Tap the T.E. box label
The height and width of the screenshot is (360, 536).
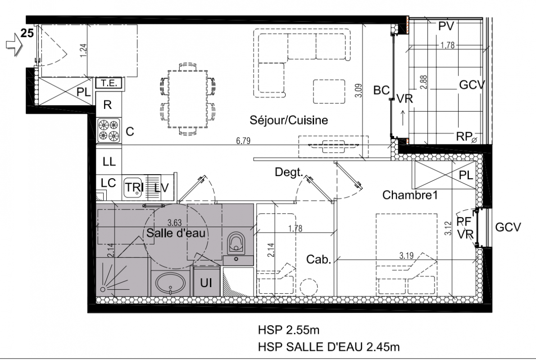click(x=109, y=83)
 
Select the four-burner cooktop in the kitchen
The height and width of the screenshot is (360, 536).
click(x=109, y=130)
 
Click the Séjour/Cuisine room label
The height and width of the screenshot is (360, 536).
click(x=289, y=120)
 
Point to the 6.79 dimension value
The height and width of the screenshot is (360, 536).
click(x=243, y=141)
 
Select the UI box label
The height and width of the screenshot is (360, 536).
click(x=206, y=283)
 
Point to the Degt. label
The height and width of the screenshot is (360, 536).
click(x=289, y=172)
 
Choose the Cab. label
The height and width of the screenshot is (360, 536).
click(x=318, y=260)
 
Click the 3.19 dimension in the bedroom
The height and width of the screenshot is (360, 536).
click(x=406, y=256)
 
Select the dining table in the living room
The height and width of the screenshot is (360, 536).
click(x=188, y=99)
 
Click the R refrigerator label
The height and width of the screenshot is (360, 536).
click(x=108, y=104)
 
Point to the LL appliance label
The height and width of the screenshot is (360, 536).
click(x=109, y=162)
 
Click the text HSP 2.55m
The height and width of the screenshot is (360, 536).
click(x=289, y=330)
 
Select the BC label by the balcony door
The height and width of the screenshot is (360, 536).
click(x=382, y=90)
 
